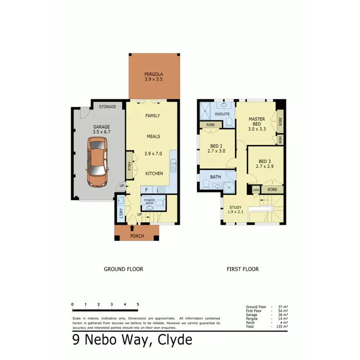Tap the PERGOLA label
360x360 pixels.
point(154,74)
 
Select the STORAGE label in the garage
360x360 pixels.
point(108,107)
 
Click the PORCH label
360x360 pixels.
point(137,236)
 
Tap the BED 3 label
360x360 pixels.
point(265,161)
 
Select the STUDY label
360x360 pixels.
point(235,208)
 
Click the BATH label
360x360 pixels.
point(216,177)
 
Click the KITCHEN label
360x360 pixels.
point(154,173)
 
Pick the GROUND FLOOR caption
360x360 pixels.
point(123,269)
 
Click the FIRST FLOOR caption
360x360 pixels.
point(242,269)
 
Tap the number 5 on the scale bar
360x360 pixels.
point(138,304)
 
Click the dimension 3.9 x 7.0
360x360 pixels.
point(154,154)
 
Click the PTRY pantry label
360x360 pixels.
point(130,166)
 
